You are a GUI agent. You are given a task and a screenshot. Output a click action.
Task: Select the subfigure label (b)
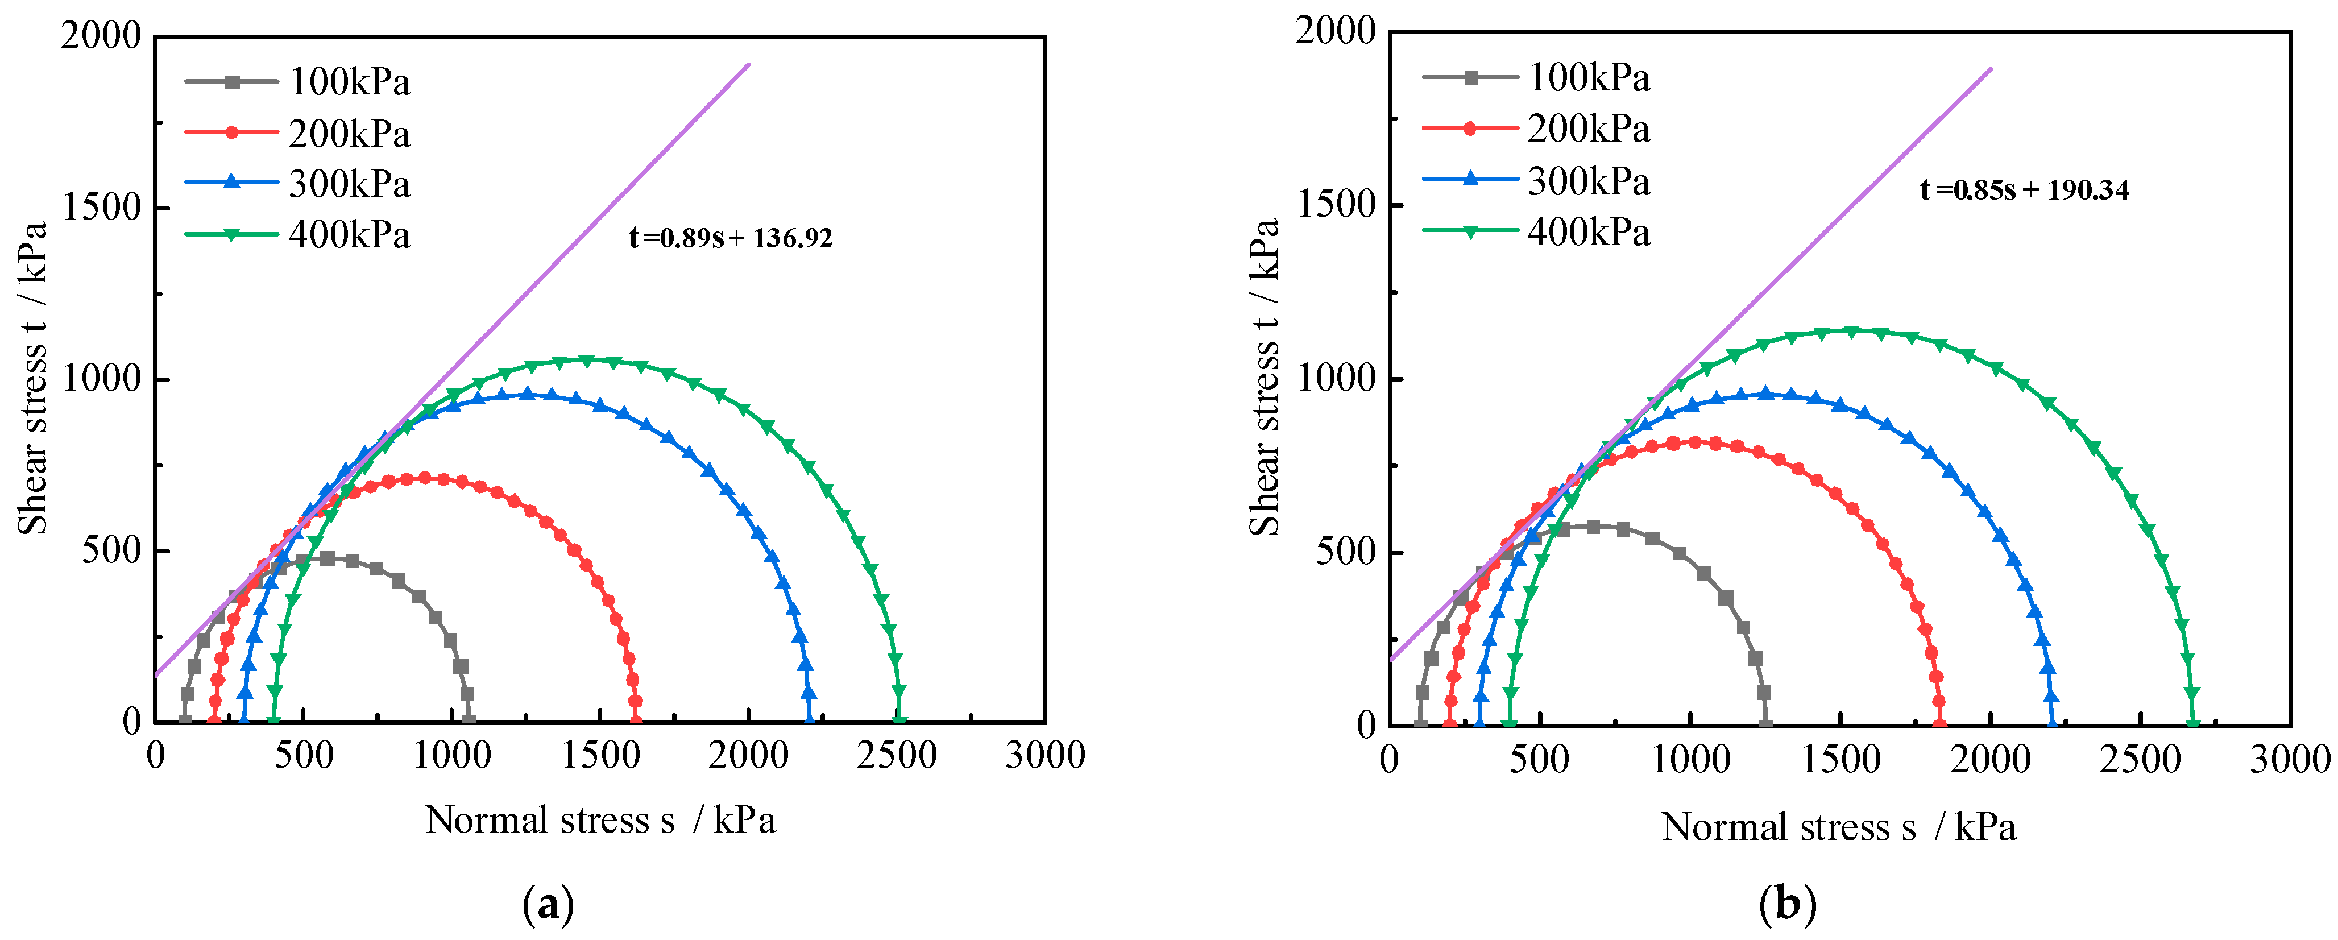[x=1787, y=905]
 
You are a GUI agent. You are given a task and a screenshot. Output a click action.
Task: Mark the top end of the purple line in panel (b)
[x=1991, y=69]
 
